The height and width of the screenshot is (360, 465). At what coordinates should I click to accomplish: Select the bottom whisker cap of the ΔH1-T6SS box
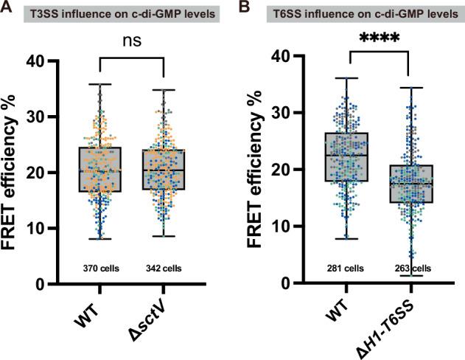pyautogui.click(x=409, y=276)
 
